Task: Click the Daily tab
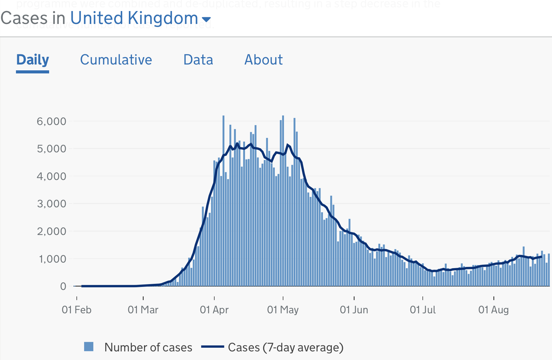click(33, 60)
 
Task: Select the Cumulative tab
click(116, 60)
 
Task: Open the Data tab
click(198, 60)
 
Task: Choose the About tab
click(263, 60)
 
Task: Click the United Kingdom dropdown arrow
click(206, 20)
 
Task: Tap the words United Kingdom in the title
click(134, 18)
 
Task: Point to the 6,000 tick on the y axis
click(52, 121)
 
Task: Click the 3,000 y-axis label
click(52, 204)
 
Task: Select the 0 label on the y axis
click(63, 286)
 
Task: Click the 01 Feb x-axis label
click(76, 310)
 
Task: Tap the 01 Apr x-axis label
click(214, 310)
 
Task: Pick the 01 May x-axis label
click(283, 310)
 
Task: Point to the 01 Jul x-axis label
click(423, 310)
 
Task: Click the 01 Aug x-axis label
click(493, 310)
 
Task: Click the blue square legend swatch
click(89, 347)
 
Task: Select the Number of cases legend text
click(148, 347)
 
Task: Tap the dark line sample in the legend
click(212, 347)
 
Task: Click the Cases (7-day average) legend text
click(286, 347)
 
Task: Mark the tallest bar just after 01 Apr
click(224, 200)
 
